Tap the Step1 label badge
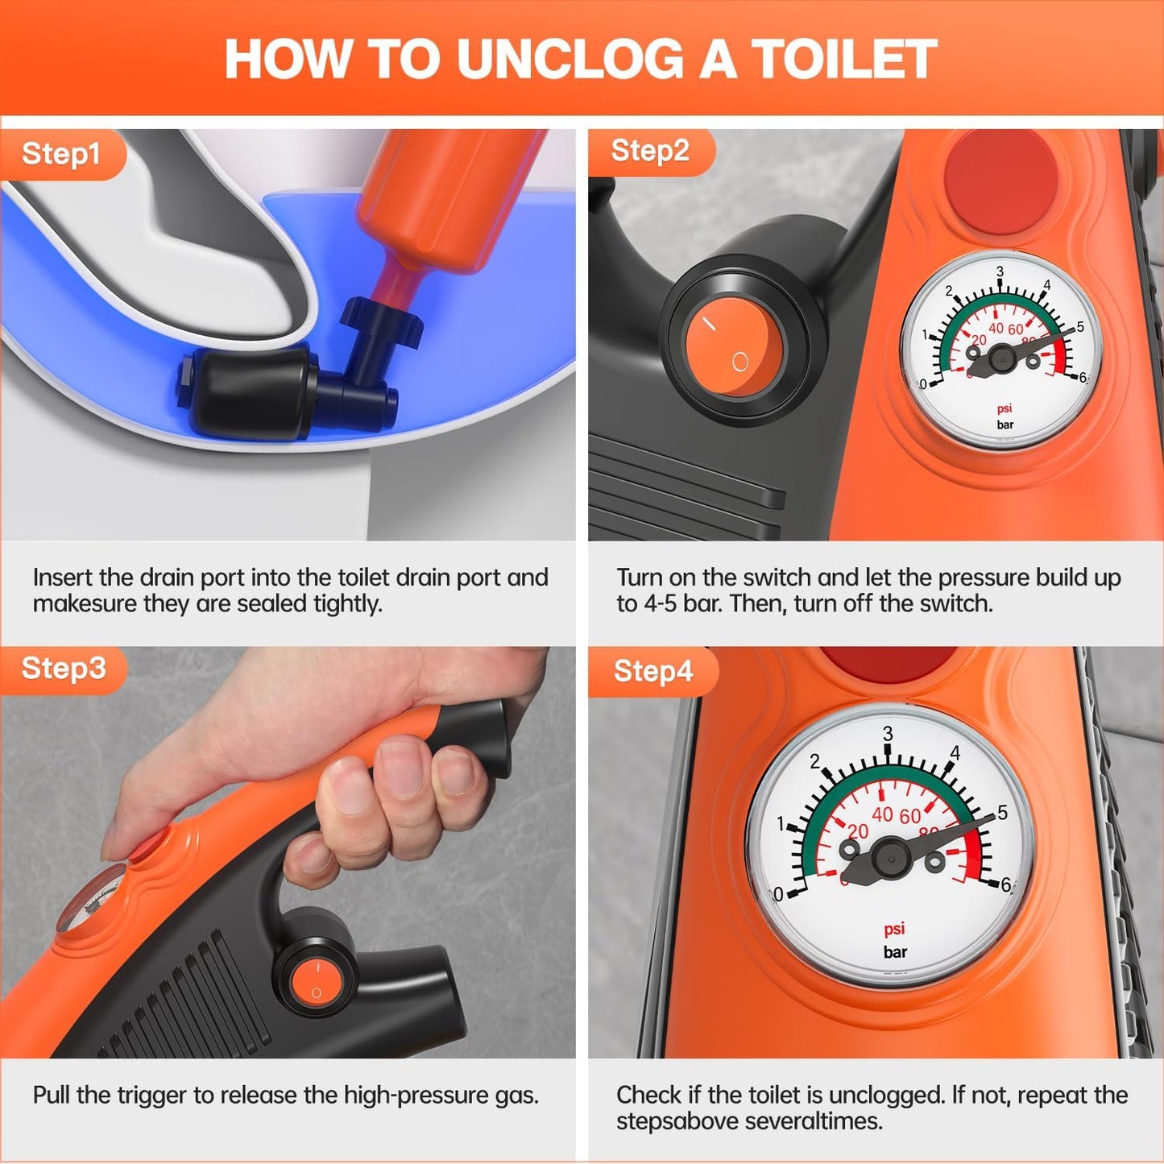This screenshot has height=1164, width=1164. pos(61,154)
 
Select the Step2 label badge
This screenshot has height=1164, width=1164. pos(650,151)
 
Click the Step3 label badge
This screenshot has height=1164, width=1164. pos(64,669)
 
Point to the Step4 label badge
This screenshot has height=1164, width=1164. pos(652,671)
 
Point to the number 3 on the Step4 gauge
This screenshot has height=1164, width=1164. pos(888,734)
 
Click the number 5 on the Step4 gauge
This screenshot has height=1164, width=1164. pos(1002,813)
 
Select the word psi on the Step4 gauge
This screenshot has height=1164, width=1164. pos(894,929)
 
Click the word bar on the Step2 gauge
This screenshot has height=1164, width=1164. pos(1005,425)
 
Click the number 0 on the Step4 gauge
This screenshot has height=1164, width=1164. pos(778,895)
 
